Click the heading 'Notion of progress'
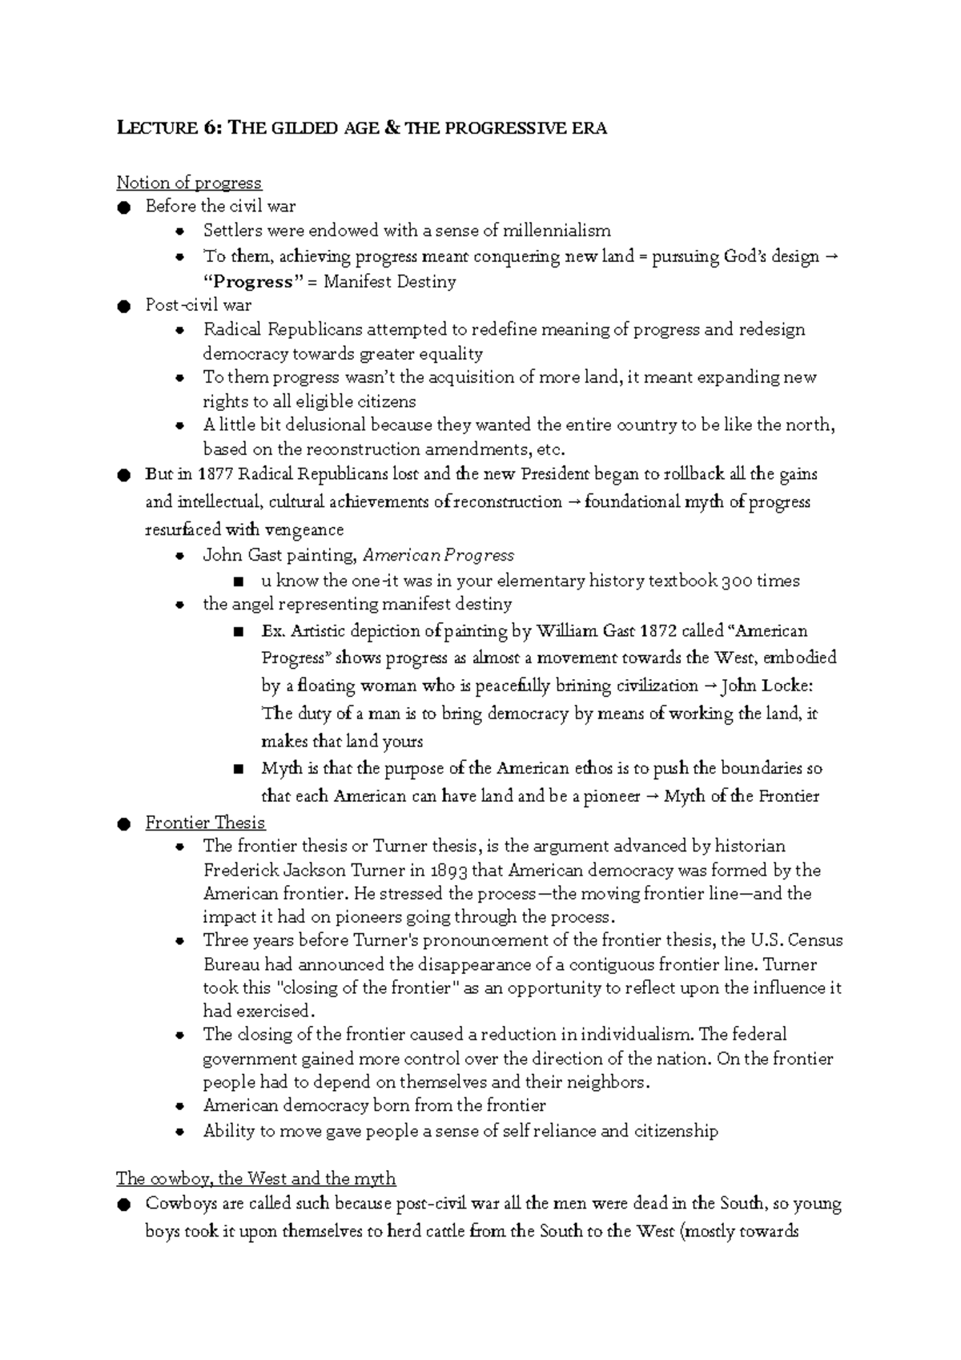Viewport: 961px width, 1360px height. [189, 183]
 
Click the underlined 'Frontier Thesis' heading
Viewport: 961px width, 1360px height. [205, 823]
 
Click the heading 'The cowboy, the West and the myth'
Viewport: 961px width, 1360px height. [255, 1179]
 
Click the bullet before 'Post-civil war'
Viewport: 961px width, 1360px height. [123, 306]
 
